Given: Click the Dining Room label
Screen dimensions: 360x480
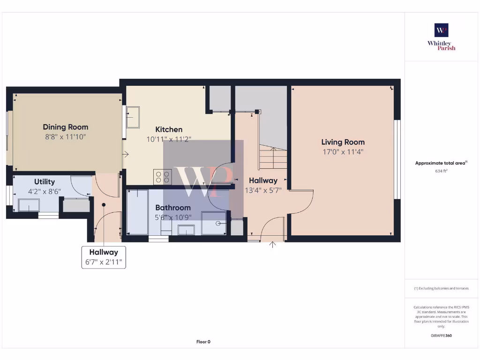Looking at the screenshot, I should point(65,127).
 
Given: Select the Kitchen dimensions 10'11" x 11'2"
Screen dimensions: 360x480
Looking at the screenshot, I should point(169,139).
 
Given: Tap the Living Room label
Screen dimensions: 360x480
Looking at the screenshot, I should point(343,142).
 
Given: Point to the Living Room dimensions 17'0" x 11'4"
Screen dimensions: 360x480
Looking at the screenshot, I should point(343,152).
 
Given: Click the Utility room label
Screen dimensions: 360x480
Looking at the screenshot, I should point(45,182).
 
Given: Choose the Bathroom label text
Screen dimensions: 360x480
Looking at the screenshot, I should point(173,208).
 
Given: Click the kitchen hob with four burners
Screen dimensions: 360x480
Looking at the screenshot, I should point(163,177).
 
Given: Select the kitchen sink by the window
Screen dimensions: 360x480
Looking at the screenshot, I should point(133,117).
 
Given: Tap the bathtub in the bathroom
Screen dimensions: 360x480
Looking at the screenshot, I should point(137,212).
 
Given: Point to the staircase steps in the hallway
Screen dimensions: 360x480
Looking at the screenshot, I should point(273,157).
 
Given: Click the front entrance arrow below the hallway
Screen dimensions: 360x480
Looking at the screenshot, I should point(272,244).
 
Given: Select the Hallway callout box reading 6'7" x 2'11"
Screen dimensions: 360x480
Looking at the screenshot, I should point(104,257).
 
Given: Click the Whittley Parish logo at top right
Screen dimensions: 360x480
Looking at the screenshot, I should point(441,37).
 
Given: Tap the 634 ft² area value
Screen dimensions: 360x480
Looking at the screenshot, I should point(441,171).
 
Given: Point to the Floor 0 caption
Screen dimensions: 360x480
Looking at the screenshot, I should point(203,342).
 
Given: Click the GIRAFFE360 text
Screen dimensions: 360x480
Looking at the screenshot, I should point(441,336).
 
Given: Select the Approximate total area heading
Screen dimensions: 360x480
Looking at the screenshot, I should point(441,163).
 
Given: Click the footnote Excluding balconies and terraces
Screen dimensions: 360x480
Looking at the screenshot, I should point(441,288).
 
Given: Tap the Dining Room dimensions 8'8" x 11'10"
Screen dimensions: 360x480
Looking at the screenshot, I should point(65,137).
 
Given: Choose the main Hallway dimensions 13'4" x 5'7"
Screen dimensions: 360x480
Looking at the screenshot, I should point(263,190).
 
